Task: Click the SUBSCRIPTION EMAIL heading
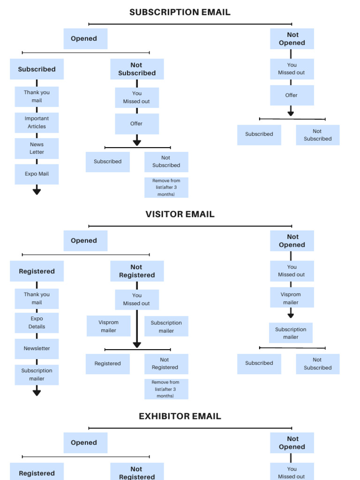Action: (180, 13)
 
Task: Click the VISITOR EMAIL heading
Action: (180, 214)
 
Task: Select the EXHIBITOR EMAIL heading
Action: (180, 416)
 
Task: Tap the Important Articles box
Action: (37, 122)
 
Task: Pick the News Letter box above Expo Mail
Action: (37, 148)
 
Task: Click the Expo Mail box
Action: (37, 174)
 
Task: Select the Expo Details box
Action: (37, 322)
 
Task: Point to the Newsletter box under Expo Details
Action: (37, 349)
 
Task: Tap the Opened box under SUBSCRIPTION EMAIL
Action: (85, 39)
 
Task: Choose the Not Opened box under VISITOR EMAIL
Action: (292, 241)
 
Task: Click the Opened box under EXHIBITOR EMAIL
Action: (85, 443)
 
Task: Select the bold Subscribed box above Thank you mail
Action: (37, 69)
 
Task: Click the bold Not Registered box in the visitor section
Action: (137, 271)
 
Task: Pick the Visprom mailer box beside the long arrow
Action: (108, 326)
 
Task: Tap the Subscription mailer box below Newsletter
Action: (37, 375)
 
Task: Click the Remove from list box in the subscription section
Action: (166, 187)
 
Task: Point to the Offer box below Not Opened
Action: (292, 95)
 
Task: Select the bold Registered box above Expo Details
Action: (37, 271)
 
